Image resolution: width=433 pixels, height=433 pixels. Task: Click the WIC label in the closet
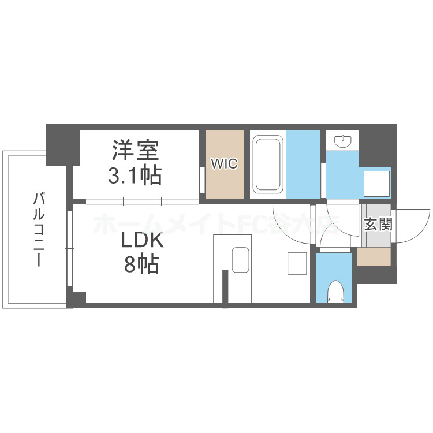tap(223, 164)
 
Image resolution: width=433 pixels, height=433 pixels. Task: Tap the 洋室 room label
tap(135, 151)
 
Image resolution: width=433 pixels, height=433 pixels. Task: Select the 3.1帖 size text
tap(135, 174)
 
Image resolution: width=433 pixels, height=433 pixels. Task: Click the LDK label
tap(141, 241)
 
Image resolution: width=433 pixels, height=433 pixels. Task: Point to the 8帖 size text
tap(141, 264)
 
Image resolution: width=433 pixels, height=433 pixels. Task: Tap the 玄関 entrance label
tap(378, 224)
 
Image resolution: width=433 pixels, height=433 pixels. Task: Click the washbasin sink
tap(343, 140)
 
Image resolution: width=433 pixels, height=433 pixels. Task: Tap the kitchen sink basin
tap(240, 259)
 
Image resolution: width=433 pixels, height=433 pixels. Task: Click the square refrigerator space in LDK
tap(298, 264)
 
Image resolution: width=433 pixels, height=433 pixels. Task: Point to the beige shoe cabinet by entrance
tap(374, 256)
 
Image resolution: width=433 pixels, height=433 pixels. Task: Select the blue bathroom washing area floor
tap(303, 163)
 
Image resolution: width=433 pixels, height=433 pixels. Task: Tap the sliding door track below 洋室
tap(141, 201)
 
